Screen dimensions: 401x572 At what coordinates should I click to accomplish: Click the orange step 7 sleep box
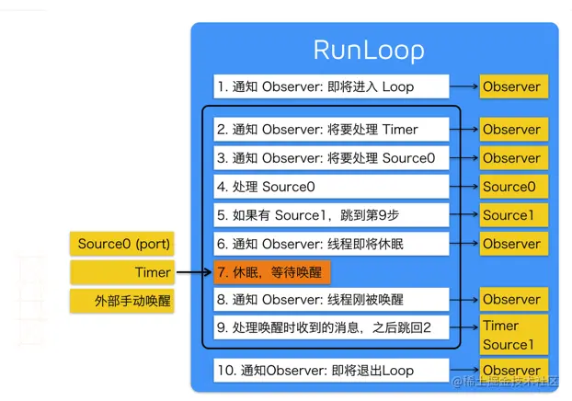coord(270,272)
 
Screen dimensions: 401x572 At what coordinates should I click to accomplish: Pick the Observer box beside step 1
coord(512,87)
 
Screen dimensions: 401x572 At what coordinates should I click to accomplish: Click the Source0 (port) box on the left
coord(123,245)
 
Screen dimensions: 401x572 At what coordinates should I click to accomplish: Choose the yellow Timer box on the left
coord(123,272)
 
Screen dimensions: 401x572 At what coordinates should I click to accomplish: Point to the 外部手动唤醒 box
coord(123,301)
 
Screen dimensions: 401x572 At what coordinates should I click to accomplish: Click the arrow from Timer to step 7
coord(194,272)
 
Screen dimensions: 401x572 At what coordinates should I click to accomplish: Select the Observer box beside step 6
coord(512,244)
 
